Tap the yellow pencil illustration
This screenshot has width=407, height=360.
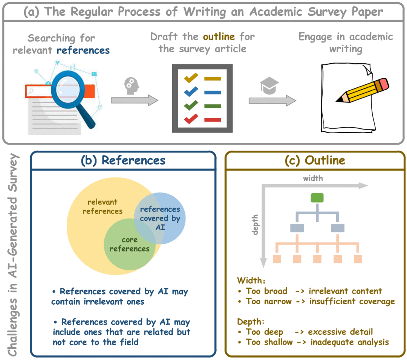coord(362,91)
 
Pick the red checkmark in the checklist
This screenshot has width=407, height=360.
coord(191,119)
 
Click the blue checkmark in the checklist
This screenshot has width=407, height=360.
coord(191,92)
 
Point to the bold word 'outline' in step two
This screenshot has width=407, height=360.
coord(219,37)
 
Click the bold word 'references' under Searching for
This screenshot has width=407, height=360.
coord(83,50)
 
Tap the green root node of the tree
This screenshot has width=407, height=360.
coord(317,198)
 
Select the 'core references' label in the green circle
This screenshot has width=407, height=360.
coord(130,244)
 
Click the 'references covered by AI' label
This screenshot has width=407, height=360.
coord(160,218)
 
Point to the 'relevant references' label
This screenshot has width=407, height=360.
coord(103,206)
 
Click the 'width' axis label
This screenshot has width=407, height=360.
coord(313,178)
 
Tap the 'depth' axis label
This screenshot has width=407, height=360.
coord(255,225)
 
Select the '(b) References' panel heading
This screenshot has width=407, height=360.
coord(123,160)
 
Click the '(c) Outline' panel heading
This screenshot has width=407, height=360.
coord(315,160)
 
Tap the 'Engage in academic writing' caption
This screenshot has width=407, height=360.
coord(346,43)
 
